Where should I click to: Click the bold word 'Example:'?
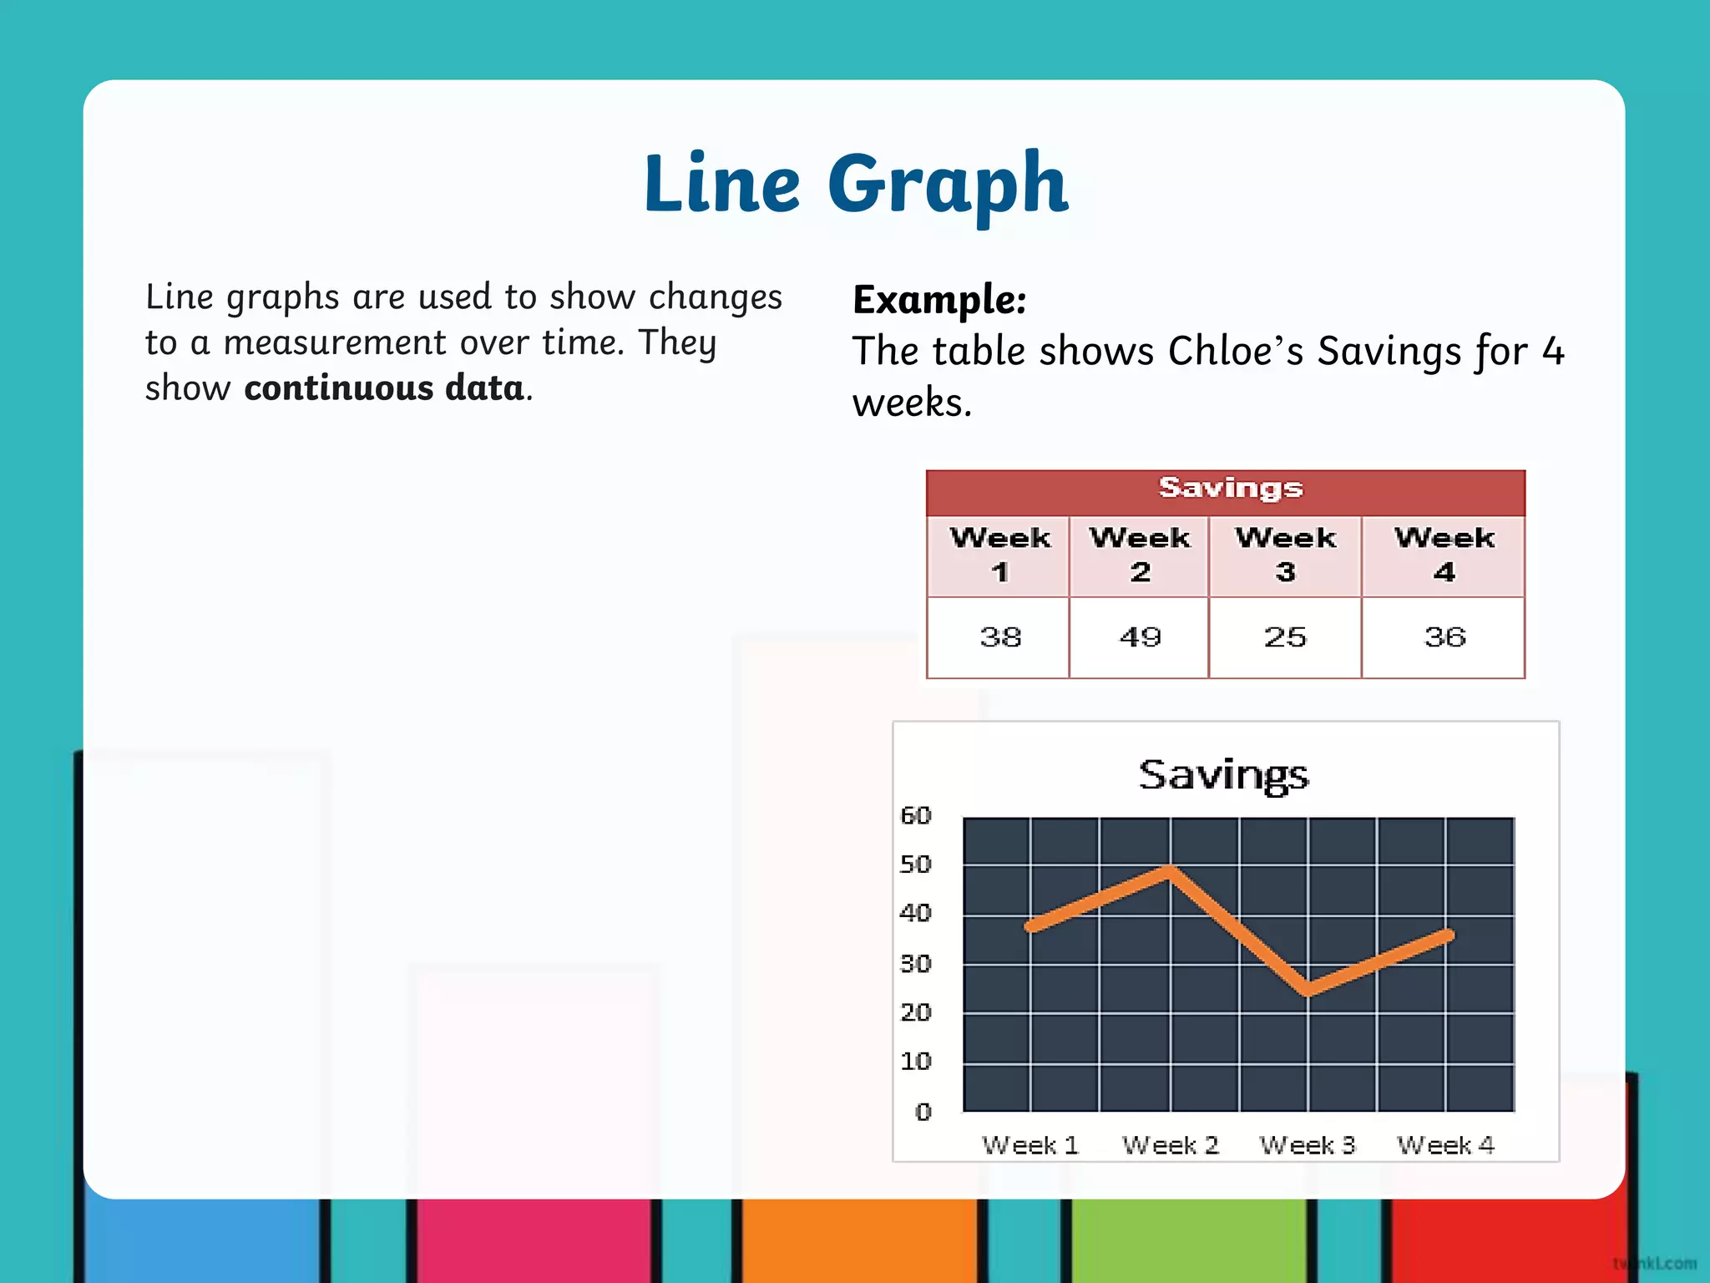(939, 300)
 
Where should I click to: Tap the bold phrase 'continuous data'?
(384, 388)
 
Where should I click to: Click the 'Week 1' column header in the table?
(999, 555)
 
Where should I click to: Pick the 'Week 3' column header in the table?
(1285, 555)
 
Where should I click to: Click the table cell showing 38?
(999, 637)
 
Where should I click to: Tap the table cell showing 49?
(1140, 637)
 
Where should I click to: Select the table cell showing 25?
(1285, 637)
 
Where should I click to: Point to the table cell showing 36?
(1444, 637)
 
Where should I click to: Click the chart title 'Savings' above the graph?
(1223, 775)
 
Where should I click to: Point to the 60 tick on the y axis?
(916, 816)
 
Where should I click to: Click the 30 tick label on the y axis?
(916, 964)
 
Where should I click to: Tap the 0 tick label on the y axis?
(923, 1112)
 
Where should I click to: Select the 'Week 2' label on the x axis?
(1171, 1145)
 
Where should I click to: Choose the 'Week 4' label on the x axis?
(1445, 1145)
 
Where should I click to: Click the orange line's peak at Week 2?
(1171, 870)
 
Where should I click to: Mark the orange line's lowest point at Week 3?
(1308, 991)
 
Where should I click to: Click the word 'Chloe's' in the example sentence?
(1236, 351)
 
